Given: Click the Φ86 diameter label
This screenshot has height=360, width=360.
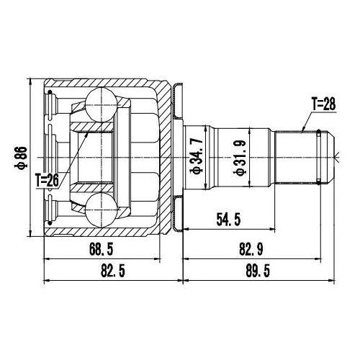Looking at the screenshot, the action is tap(21, 158).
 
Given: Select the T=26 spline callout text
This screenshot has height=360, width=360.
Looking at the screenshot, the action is tap(47, 181).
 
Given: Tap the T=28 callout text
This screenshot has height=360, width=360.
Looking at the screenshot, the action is tap(323, 104).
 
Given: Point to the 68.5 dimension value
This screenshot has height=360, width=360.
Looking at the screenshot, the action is tap(102, 249).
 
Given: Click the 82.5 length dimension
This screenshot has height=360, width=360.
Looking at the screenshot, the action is tap(113, 271).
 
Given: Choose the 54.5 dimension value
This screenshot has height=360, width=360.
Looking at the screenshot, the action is tap(228, 220).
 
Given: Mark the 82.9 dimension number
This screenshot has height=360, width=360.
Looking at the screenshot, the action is tap(251, 249).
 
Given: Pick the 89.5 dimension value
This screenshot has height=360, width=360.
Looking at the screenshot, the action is tap(258, 271).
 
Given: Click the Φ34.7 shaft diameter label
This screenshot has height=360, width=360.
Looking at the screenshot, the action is tap(197, 156).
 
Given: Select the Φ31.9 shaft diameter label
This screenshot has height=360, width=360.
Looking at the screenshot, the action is tap(240, 157).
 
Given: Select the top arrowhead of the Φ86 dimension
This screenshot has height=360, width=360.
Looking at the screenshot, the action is tap(30, 81).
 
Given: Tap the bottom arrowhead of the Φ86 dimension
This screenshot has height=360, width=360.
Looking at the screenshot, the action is tap(30, 233).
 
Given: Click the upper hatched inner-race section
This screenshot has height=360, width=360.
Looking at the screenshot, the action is tap(91, 127).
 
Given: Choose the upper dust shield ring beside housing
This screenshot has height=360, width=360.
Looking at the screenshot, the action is tap(178, 101).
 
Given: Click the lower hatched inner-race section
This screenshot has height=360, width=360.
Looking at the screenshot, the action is tap(91, 188).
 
